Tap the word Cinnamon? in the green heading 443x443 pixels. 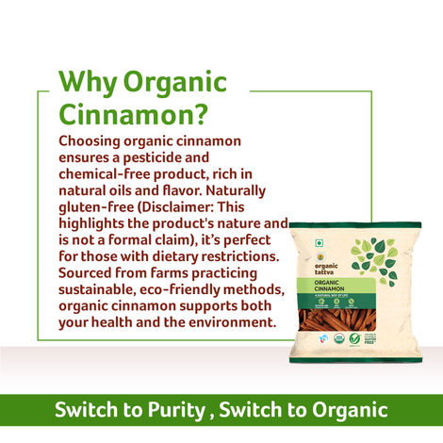tap(132, 116)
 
